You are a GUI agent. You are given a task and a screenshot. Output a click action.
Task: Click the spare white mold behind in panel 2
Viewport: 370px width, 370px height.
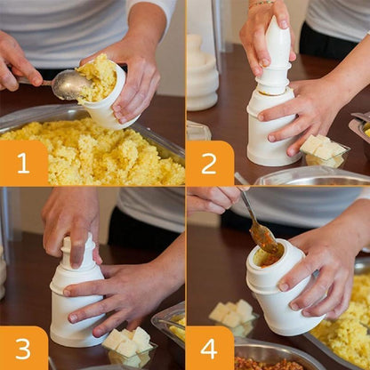(x=201, y=76)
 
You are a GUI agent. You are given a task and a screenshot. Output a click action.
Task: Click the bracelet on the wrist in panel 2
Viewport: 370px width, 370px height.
(x=261, y=4)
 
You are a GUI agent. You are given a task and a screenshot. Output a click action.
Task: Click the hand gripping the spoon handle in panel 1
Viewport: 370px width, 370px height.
(x=18, y=62)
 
